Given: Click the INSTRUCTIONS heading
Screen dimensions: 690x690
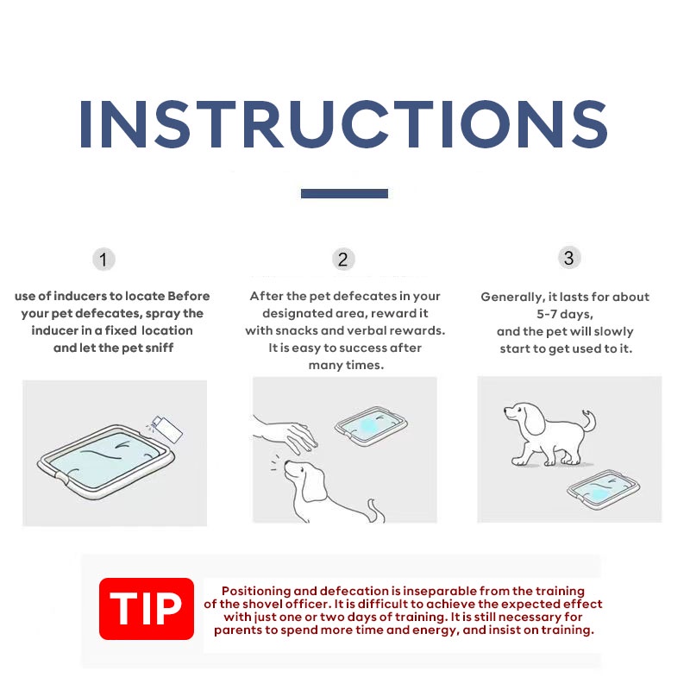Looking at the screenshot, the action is click(343, 124).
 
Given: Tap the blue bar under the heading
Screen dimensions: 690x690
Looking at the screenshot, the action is click(344, 193).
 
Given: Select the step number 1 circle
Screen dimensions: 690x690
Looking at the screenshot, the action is click(103, 260).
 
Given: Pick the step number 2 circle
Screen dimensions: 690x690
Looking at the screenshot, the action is click(343, 260).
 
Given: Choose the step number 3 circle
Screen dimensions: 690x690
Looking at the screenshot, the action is click(569, 258).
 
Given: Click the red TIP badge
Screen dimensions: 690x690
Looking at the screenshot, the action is click(147, 609).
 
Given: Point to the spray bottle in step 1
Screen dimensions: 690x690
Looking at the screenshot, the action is click(166, 429).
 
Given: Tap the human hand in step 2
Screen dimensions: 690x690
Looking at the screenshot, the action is click(286, 435).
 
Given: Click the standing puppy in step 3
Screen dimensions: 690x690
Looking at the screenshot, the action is click(549, 433).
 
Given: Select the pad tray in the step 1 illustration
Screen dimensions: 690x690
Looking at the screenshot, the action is click(106, 461).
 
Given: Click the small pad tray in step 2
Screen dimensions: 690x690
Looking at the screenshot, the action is click(371, 426).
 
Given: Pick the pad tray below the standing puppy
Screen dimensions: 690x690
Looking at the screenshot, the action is click(603, 489).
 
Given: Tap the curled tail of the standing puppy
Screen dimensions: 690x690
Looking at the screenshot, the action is click(589, 421).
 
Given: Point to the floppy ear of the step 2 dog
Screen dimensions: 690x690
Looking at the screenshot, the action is click(314, 484).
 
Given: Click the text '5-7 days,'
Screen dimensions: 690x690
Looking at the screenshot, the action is click(565, 314).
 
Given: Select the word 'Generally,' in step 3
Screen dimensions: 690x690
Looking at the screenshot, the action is click(512, 297).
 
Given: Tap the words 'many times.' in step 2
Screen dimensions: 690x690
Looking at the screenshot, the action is click(346, 365).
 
